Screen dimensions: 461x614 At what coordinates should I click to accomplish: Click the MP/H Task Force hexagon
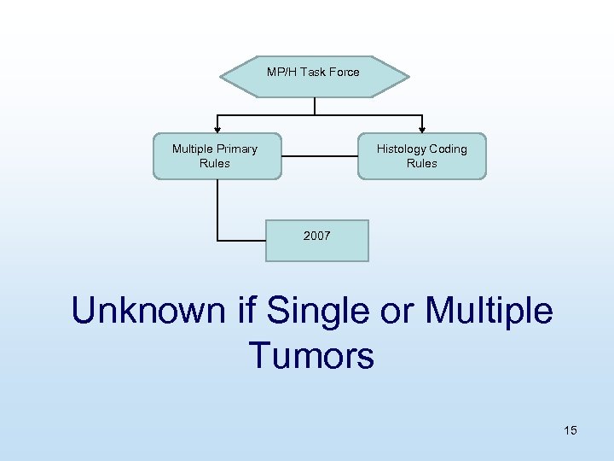pyautogui.click(x=314, y=77)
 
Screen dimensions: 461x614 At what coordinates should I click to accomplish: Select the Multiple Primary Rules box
pyautogui.click(x=217, y=156)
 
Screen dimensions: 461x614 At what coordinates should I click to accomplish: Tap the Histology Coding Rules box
pyautogui.click(x=421, y=156)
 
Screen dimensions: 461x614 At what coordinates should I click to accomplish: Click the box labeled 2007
pyautogui.click(x=316, y=241)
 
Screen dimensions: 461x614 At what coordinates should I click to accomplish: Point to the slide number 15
pyautogui.click(x=570, y=430)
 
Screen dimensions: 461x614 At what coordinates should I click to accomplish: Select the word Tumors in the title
pyautogui.click(x=311, y=354)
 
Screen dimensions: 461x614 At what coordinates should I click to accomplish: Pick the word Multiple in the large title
pyautogui.click(x=489, y=311)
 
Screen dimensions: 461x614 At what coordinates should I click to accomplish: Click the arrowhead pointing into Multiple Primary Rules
pyautogui.click(x=217, y=129)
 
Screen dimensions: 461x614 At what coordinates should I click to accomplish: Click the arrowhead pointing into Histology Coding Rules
pyautogui.click(x=421, y=129)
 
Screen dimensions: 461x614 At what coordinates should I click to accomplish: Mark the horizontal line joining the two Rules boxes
pyautogui.click(x=318, y=156)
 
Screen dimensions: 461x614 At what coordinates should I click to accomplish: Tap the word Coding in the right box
pyautogui.click(x=449, y=149)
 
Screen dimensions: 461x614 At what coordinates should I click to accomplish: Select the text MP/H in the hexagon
pyautogui.click(x=281, y=72)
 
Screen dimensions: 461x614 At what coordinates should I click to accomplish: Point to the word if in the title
pyautogui.click(x=247, y=311)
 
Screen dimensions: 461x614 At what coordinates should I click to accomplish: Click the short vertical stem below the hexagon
pyautogui.click(x=316, y=106)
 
